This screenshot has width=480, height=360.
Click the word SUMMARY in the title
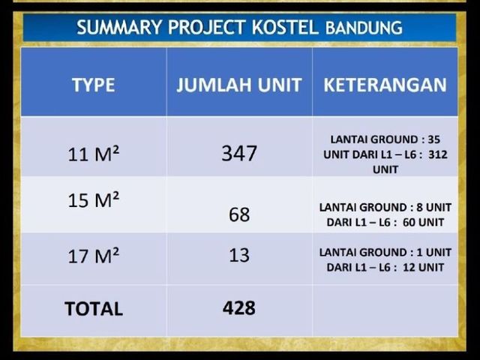tap(119, 27)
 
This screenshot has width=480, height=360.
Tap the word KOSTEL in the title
tap(285, 27)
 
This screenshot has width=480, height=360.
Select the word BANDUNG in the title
tap(364, 28)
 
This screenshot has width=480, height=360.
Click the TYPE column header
tap(94, 85)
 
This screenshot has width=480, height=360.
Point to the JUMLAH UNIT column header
tap(239, 85)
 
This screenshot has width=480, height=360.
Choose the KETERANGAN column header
tap(385, 85)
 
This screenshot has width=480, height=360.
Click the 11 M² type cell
tap(93, 153)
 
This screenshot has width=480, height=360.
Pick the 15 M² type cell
tap(93, 199)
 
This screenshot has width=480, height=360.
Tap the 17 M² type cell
tap(93, 255)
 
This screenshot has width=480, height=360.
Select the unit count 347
tap(239, 153)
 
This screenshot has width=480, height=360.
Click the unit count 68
tap(239, 214)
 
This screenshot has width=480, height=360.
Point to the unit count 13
tap(239, 255)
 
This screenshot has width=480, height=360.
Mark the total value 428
tap(239, 308)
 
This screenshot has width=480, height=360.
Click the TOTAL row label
tap(94, 308)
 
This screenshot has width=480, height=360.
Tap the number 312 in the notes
tap(438, 154)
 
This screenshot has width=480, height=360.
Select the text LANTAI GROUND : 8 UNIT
tap(385, 207)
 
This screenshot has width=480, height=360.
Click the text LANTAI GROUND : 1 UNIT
tap(385, 253)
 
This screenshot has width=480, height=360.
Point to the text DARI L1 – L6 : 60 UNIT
tap(385, 222)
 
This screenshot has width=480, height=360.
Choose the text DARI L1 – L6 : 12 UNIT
tap(385, 268)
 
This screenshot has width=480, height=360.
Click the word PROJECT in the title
tap(207, 27)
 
